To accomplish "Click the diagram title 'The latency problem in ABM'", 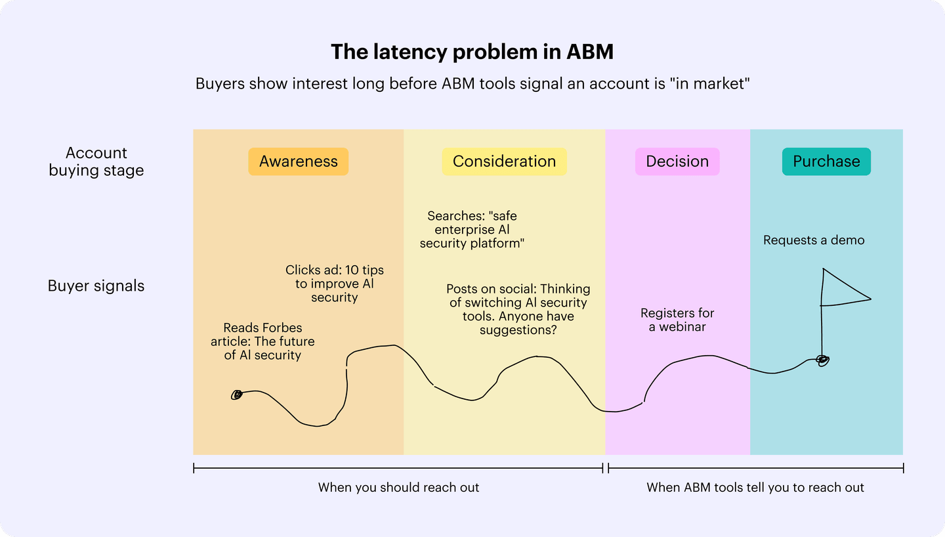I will click(x=472, y=52).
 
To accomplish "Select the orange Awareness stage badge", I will click(x=298, y=161).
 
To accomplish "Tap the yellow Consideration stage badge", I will click(x=504, y=161).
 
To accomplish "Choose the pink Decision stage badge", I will click(x=677, y=161).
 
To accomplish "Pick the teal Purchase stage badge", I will click(x=826, y=161).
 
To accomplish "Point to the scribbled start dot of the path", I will click(x=237, y=395).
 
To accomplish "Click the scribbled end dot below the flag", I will click(x=822, y=359).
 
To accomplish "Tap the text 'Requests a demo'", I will click(x=814, y=240).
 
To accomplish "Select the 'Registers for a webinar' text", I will click(x=677, y=320).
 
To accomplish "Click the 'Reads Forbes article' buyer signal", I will click(x=262, y=341).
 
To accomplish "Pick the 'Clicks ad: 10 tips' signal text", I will click(x=335, y=284).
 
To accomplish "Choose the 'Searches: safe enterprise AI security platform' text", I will click(x=472, y=229).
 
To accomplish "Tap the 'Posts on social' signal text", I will click(x=518, y=309).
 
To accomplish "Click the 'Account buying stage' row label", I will click(x=96, y=161).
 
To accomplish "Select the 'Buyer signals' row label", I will click(x=96, y=286).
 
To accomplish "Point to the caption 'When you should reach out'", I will click(x=398, y=488).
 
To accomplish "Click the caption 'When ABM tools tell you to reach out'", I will click(x=755, y=488).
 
